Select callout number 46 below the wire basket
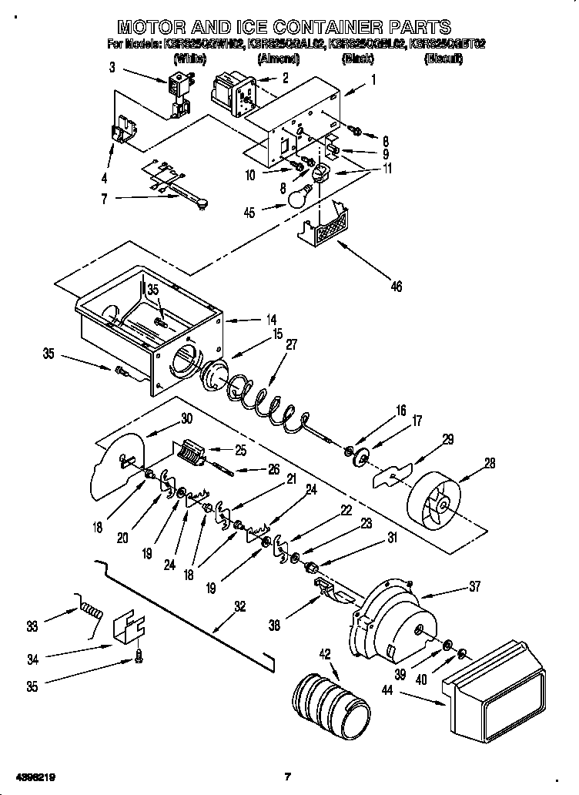click(396, 287)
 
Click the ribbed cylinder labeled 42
click(326, 699)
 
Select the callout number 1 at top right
click(373, 78)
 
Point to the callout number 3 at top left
click(112, 69)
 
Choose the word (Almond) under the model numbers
click(277, 59)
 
